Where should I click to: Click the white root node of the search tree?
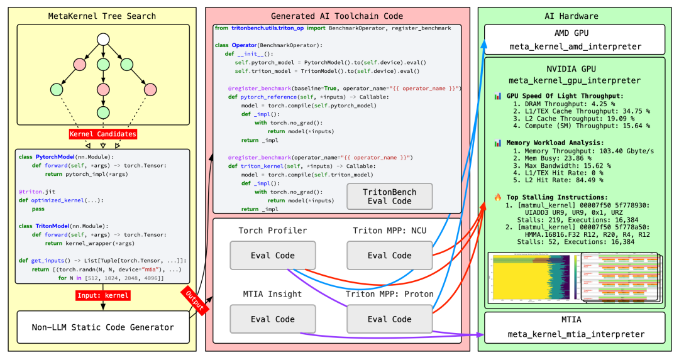pos(103,40)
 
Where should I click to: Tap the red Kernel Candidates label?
pos(102,134)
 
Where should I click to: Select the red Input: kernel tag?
pos(102,295)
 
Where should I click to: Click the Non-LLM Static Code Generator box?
pos(103,327)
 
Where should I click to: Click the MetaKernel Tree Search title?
pos(102,15)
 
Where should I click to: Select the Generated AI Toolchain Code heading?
pos(338,15)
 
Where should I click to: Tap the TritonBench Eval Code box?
pos(389,196)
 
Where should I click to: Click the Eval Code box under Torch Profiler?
pos(268,256)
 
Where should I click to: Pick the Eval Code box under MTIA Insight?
pos(268,319)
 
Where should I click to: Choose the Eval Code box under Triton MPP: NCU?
pos(389,256)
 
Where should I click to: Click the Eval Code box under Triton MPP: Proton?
pos(389,319)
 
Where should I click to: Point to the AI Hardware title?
pos(575,15)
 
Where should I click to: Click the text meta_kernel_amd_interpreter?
pos(575,46)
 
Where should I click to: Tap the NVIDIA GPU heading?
pos(575,67)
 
